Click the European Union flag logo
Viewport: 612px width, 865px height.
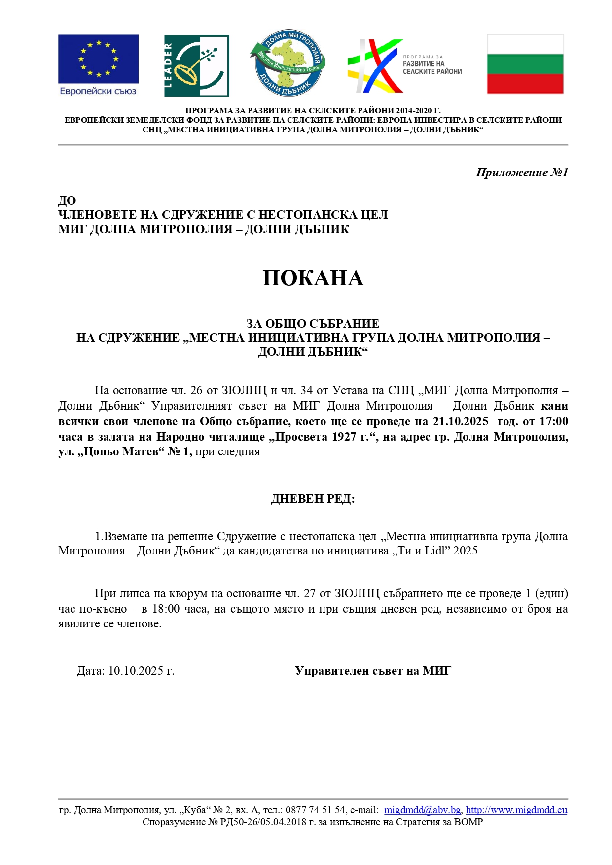pos(98,59)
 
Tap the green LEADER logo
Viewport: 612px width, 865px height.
pos(196,66)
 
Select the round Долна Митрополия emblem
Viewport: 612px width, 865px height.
pos(288,63)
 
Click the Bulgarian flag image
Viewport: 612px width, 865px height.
pos(525,64)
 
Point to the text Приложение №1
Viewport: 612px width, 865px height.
pos(522,173)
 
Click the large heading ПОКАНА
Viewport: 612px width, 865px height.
pos(313,278)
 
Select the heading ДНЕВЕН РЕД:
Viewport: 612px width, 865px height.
pos(313,499)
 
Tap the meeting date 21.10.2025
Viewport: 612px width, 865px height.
pos(460,421)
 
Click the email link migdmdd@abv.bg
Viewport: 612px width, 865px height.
pos(423,810)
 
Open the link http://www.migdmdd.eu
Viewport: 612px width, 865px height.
pos(516,810)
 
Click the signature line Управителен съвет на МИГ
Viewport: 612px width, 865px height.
pos(373,671)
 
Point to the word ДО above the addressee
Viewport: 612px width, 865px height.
pos(67,201)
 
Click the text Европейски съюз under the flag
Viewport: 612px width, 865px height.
pos(98,91)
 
